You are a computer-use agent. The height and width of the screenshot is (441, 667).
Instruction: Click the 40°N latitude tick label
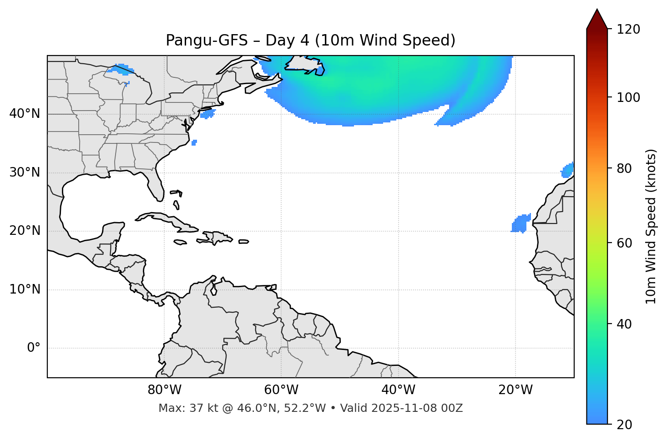point(25,114)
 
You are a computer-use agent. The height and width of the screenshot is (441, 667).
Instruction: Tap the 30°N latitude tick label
point(25,172)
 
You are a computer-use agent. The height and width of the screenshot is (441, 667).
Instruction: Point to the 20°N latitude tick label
point(25,231)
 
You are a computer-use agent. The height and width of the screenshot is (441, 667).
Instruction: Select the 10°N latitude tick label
point(25,289)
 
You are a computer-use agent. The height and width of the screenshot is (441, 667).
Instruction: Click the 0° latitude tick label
point(34,348)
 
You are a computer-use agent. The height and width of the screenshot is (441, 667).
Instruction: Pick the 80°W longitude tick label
point(164,390)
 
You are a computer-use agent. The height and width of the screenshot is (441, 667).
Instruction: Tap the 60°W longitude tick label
point(281,390)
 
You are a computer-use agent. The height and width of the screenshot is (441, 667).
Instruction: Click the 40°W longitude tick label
point(398,390)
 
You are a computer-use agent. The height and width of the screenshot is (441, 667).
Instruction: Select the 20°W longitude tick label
point(515,390)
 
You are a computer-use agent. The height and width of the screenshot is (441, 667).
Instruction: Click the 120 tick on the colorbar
point(628,30)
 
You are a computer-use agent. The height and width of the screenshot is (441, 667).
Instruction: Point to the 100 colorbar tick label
point(628,97)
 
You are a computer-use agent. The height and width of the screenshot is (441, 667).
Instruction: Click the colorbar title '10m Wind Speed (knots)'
point(651,226)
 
